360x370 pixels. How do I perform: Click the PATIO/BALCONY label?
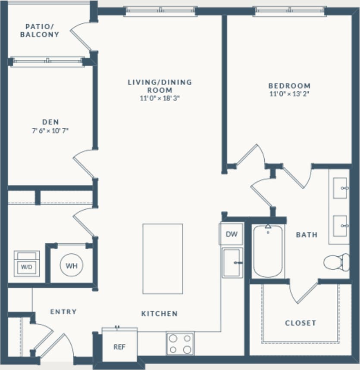point(39,31)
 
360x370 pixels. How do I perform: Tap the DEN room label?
point(50,122)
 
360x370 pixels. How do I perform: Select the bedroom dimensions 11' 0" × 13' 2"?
point(289,93)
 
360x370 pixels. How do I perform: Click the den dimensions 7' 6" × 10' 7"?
point(50,131)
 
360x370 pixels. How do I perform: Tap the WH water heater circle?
point(71,266)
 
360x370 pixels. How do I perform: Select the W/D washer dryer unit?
point(26,264)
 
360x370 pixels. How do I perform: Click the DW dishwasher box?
point(232,234)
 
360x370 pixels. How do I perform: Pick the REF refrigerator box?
point(119,346)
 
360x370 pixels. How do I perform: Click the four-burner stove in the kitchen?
point(180,344)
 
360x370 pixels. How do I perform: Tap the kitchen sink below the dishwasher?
point(232,263)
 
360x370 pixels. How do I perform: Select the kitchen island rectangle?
point(163,258)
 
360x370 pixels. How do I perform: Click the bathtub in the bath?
point(268,252)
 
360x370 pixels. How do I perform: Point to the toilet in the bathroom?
point(337,262)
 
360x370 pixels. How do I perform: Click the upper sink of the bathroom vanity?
point(341,188)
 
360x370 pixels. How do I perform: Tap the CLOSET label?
point(301,323)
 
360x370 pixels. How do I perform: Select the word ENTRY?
point(63,311)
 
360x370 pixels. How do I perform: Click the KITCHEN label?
point(159,314)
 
